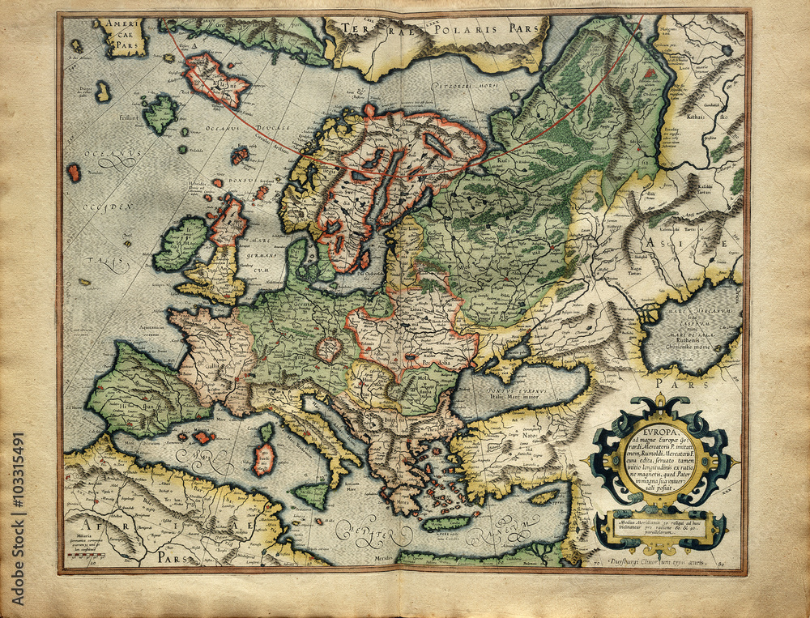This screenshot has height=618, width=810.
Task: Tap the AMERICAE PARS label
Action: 122,35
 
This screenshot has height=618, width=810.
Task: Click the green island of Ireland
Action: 181,244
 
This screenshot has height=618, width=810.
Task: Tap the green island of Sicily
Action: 312,493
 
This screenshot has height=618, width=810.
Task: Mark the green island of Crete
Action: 445,523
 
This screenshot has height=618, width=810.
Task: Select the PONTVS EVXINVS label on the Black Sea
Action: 513,391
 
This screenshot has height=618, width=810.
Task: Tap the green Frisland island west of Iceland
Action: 160,113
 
